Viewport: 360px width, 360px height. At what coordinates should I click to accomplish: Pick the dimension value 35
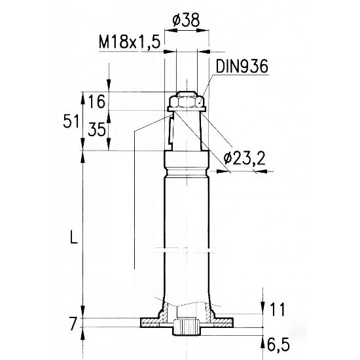point(96,129)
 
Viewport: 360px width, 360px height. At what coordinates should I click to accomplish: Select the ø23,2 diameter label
point(242,158)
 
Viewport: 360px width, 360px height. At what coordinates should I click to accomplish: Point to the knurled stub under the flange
point(188,327)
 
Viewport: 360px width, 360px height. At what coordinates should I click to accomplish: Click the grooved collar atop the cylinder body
point(187,162)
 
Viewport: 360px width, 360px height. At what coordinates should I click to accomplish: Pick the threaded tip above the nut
point(187,93)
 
